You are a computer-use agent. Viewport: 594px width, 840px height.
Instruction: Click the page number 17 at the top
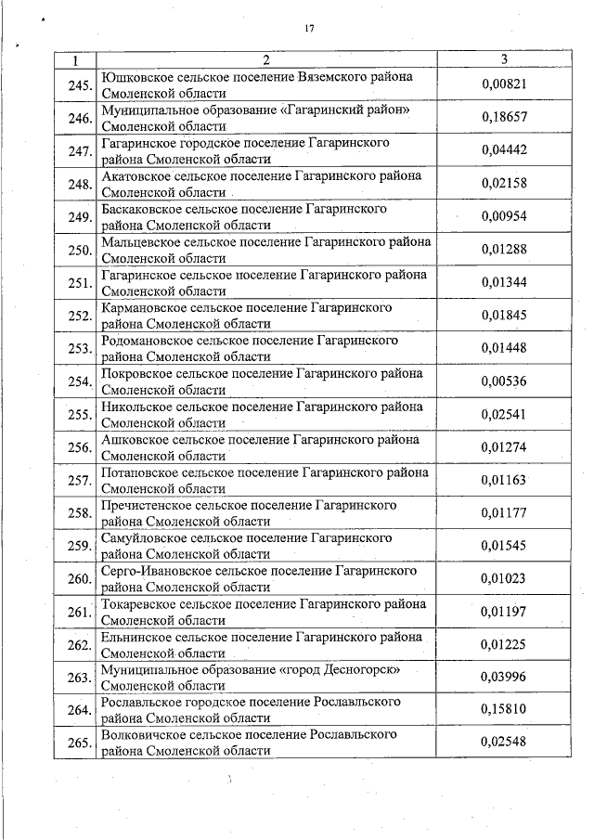coord(310,29)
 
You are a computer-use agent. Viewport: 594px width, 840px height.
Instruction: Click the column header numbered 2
coord(266,60)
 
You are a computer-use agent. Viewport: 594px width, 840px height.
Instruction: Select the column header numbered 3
coord(504,60)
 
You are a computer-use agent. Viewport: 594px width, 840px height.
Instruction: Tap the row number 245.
coord(79,85)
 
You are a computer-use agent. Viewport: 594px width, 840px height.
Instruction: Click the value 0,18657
coord(504,118)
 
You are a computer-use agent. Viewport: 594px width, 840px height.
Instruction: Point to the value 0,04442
coord(504,150)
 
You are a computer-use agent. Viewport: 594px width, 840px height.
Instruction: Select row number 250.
coord(79,249)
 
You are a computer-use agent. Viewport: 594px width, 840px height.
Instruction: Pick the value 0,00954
coord(504,216)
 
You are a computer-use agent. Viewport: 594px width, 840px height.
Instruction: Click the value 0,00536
coord(504,380)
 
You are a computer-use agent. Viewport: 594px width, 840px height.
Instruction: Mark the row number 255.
coord(79,413)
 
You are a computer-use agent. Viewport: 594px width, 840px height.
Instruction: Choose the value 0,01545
coord(504,545)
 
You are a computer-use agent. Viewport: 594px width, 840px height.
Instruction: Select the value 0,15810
coord(504,709)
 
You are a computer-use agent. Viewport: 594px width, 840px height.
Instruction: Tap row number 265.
coord(79,743)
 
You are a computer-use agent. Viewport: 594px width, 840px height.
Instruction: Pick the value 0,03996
coord(504,677)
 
